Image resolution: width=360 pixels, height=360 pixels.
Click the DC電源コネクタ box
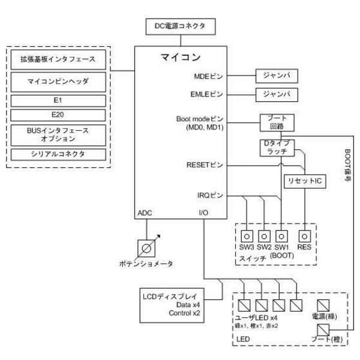coord(180,26)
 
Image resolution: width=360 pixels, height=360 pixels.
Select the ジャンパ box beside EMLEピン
coord(277,94)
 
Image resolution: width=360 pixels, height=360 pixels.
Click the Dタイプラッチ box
coord(278,148)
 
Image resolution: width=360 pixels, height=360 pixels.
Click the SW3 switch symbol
coord(246,235)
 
